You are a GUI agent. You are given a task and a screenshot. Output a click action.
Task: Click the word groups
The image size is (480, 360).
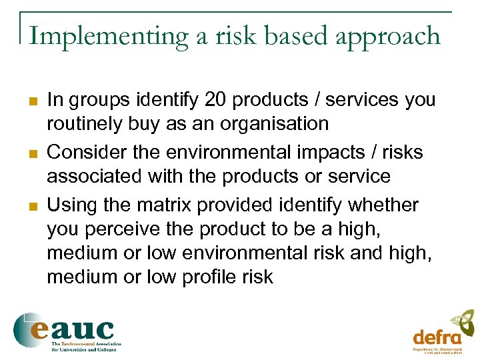pyautogui.click(x=97, y=100)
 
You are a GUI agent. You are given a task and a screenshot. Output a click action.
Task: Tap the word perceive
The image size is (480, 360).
pyautogui.click(x=127, y=229)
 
